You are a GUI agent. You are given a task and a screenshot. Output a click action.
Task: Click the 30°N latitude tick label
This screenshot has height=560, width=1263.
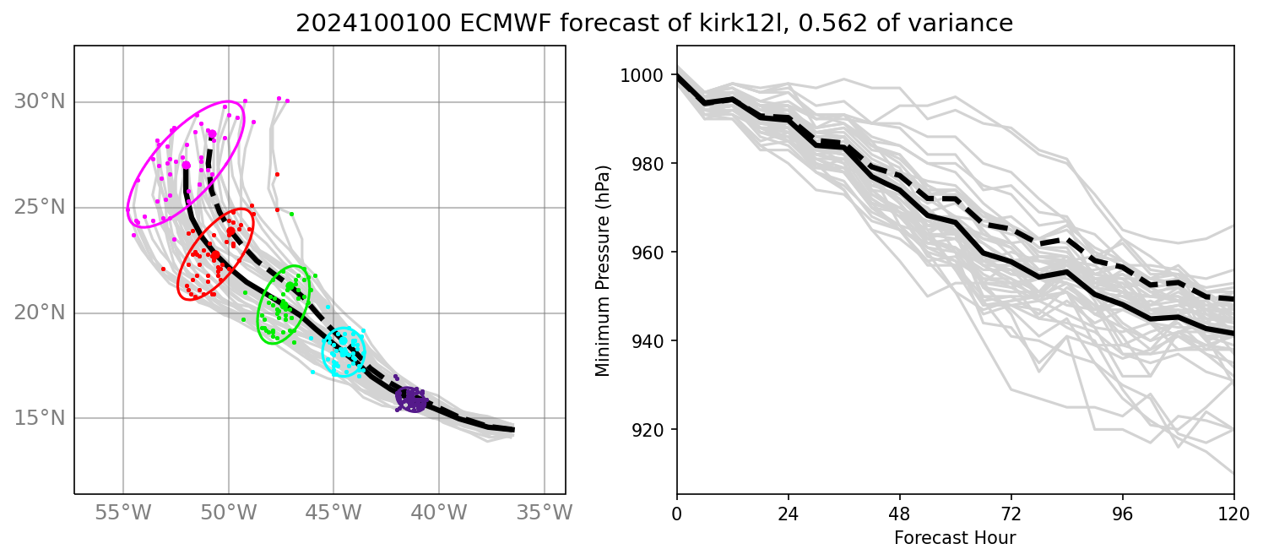click(x=39, y=102)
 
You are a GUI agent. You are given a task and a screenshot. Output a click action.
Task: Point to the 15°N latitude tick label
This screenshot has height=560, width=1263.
click(x=39, y=418)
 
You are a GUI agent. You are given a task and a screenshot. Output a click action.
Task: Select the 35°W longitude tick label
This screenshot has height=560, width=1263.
click(x=544, y=513)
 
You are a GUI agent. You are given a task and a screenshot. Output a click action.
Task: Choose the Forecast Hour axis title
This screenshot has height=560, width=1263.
click(x=955, y=538)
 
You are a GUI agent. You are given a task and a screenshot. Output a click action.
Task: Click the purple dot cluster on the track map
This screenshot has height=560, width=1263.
click(x=411, y=399)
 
